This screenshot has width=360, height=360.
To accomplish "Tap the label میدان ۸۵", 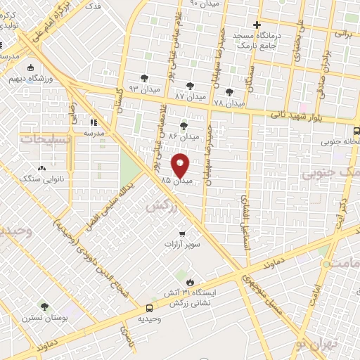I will pos(175,181).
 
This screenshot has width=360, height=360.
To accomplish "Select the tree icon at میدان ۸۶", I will pos(184,126).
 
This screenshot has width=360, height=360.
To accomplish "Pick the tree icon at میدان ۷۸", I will pos(229,91).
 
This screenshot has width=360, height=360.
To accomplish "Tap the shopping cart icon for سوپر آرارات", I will pos(182,234).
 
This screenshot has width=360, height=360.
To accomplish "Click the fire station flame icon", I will pos(188,282).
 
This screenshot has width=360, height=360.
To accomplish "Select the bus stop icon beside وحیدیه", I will pos(149,308).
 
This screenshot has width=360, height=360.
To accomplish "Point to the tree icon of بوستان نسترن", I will pos(44,307).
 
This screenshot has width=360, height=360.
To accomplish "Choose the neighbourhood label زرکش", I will pos(160,206).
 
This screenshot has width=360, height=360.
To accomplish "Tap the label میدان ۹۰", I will pos(204,4).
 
